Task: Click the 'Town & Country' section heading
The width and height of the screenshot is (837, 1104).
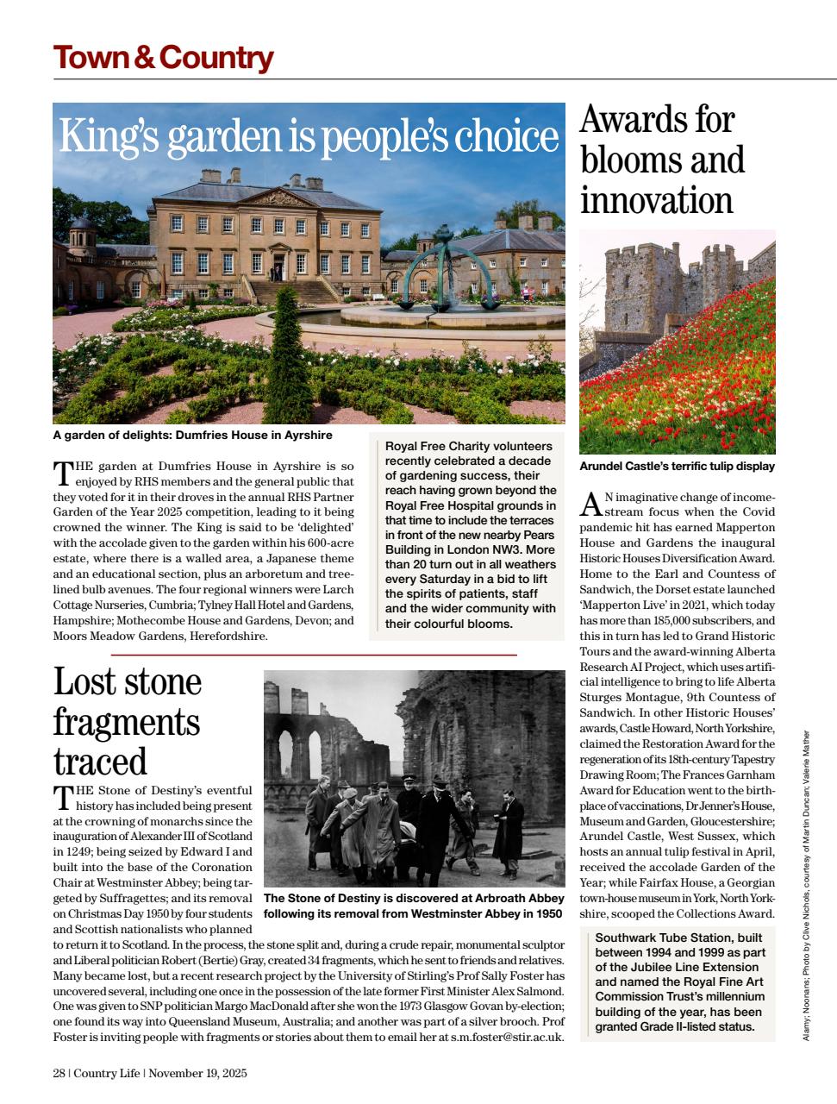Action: (x=163, y=58)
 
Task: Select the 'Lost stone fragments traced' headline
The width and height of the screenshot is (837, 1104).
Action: (x=128, y=721)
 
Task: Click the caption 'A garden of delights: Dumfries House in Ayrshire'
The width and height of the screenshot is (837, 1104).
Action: (x=192, y=436)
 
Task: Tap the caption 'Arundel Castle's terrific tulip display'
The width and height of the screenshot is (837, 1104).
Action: (x=677, y=467)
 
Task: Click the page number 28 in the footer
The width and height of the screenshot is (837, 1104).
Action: (x=59, y=1074)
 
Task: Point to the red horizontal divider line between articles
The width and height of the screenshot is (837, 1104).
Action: (x=314, y=655)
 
